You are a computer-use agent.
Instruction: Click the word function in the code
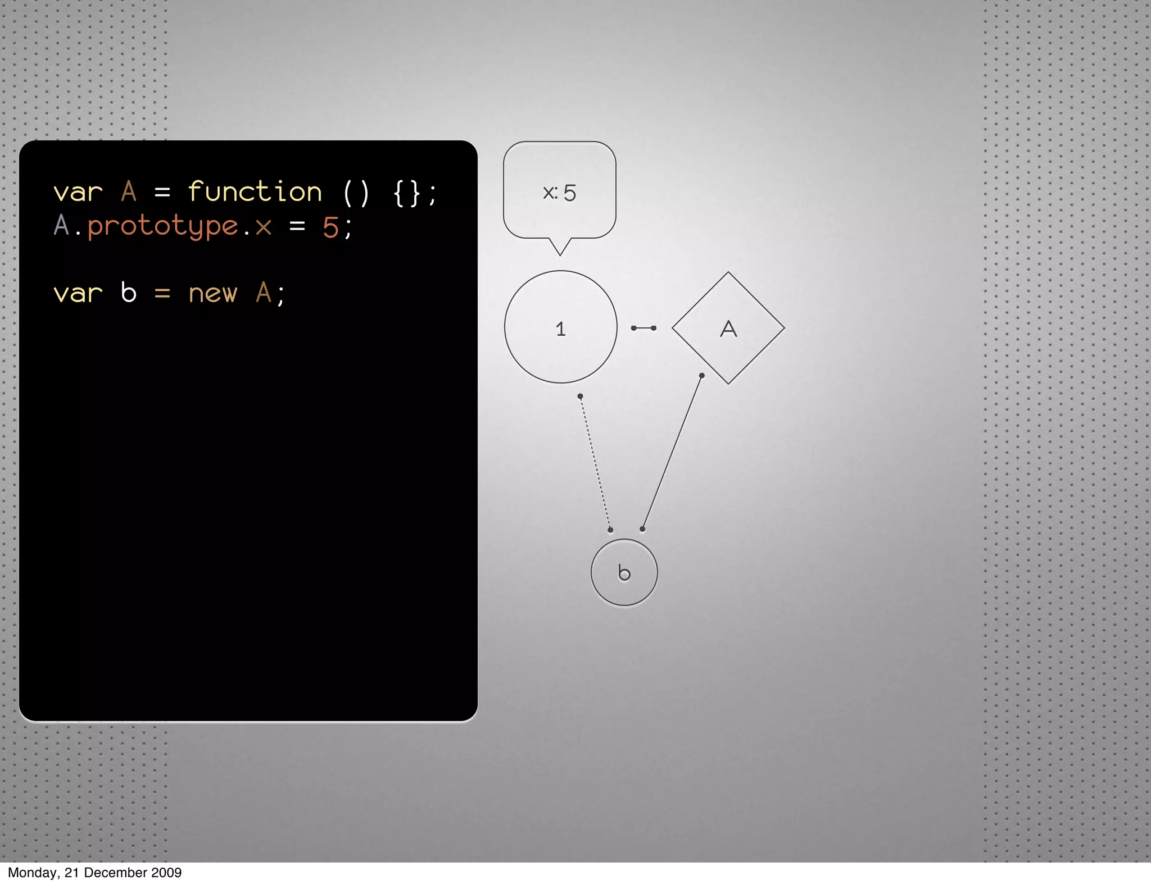(255, 192)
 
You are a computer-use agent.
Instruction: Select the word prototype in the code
(163, 227)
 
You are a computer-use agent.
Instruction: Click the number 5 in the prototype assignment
(330, 227)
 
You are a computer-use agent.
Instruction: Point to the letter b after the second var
(129, 293)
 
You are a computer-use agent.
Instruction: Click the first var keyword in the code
(78, 193)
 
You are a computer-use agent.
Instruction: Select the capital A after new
(263, 293)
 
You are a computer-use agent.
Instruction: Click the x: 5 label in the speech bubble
(559, 193)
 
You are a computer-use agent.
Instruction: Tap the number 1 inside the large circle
(560, 329)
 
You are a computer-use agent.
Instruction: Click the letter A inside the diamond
(728, 329)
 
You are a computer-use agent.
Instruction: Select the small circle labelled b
(624, 573)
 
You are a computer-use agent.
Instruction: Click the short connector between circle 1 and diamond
(644, 328)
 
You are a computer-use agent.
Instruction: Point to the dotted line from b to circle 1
(595, 463)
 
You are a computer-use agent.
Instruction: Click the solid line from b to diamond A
(672, 452)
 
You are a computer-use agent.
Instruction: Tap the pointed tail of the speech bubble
(560, 248)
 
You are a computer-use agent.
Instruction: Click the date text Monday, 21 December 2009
(94, 873)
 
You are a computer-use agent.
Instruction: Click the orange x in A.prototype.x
(263, 227)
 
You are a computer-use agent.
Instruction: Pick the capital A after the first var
(129, 191)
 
